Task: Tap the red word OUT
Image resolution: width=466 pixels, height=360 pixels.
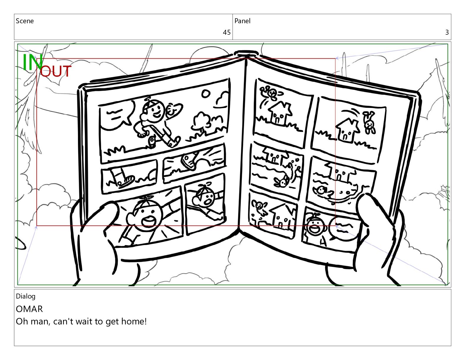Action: pyautogui.click(x=56, y=71)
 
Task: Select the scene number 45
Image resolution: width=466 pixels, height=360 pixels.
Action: pyautogui.click(x=227, y=32)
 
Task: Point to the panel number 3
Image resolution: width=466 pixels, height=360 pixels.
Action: pyautogui.click(x=447, y=32)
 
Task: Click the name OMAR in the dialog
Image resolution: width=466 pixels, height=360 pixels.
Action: pyautogui.click(x=29, y=309)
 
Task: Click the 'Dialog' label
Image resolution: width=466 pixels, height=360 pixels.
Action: pyautogui.click(x=26, y=296)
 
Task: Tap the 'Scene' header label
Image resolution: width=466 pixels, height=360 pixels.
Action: pyautogui.click(x=25, y=21)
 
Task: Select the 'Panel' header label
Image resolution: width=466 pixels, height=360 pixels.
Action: pyautogui.click(x=242, y=21)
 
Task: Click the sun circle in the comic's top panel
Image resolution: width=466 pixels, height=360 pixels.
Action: pyautogui.click(x=206, y=94)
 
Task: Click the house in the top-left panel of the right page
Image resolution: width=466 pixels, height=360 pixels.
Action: pyautogui.click(x=280, y=114)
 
